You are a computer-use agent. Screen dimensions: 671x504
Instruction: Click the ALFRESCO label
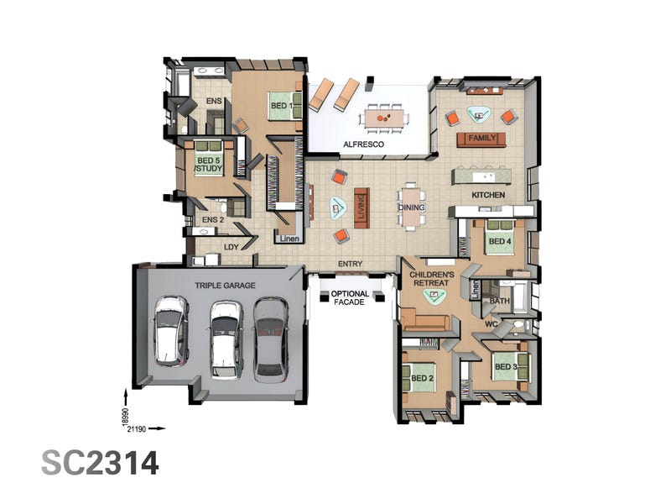pos(363,144)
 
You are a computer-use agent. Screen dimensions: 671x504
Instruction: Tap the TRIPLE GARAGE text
pos(225,286)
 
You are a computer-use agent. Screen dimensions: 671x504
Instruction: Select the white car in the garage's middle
pos(226,340)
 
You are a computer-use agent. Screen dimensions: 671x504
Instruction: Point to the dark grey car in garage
pos(270,339)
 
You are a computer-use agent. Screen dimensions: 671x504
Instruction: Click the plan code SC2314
pos(100,463)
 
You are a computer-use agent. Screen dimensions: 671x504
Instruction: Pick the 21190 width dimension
pos(137,428)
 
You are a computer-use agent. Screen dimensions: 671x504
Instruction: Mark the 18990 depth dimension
pos(125,416)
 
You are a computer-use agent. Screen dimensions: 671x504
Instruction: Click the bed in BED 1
pos(284,106)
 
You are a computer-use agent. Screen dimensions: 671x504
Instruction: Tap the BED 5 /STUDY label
pos(209,165)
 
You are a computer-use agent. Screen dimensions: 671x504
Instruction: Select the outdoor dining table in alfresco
pos(384,118)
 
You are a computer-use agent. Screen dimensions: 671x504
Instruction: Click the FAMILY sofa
pos(481,139)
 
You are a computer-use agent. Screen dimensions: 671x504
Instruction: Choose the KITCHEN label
pos(488,195)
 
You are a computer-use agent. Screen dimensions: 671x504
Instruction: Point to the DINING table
pos(411,207)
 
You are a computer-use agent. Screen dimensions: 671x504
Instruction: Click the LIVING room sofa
pos(362,207)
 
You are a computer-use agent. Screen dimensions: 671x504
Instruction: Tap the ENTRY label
pos(350,264)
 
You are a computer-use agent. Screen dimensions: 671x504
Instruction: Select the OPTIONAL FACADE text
pos(350,298)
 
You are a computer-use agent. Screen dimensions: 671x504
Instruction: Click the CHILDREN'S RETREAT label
pos(431,279)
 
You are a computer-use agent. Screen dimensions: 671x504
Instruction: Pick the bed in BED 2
pos(419,377)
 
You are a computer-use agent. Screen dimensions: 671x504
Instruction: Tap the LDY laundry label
pos(231,247)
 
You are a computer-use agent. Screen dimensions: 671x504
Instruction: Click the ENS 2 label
pos(213,220)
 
